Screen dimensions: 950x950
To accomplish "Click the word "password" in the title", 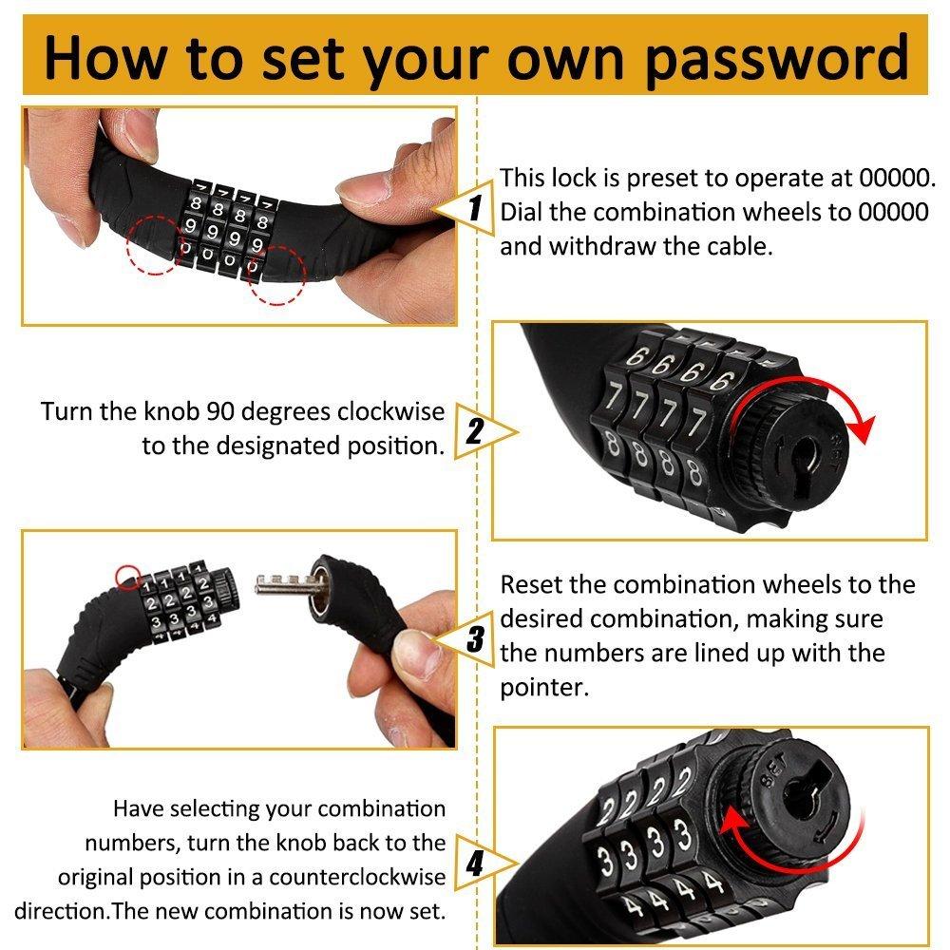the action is (x=776, y=60).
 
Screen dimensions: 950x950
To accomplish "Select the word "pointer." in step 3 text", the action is (x=544, y=688).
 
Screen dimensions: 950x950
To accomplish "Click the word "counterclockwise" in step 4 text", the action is (x=357, y=877).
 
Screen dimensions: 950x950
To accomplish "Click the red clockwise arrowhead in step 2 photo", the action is (x=863, y=429).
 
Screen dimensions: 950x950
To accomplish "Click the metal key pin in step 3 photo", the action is (x=285, y=584).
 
